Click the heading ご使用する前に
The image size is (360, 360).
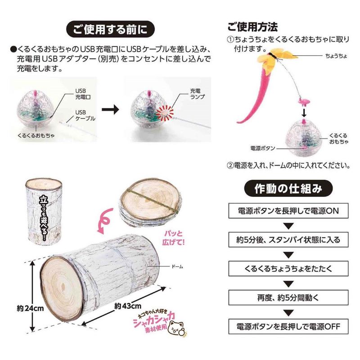[110, 29]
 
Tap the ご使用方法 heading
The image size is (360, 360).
[252, 27]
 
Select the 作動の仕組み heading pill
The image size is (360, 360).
[288, 189]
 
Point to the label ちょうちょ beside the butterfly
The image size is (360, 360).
[336, 56]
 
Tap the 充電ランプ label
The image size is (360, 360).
[198, 94]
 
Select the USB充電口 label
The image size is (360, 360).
[83, 94]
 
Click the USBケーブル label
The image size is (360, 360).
[85, 115]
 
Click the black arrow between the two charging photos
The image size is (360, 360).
[110, 109]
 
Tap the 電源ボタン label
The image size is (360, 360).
[263, 148]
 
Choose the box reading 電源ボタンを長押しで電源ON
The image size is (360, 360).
[288, 211]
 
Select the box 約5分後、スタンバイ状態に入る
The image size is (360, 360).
[288, 240]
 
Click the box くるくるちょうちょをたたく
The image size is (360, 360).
[288, 268]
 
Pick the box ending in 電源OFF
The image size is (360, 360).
[288, 326]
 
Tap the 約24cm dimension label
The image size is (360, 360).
[30, 308]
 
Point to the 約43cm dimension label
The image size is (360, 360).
[128, 306]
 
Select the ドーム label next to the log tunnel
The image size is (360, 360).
[177, 267]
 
